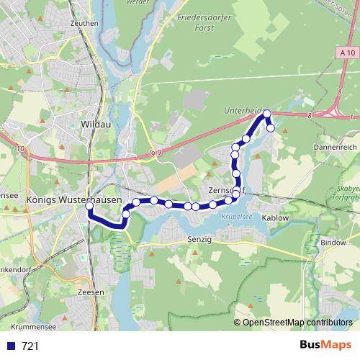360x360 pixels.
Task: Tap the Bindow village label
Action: [333, 243]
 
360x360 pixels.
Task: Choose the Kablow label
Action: [275, 217]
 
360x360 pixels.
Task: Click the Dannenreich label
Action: [335, 146]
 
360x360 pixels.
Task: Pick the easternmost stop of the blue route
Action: [271, 128]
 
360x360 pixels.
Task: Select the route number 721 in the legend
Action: [30, 346]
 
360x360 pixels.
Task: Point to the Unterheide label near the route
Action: [243, 109]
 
